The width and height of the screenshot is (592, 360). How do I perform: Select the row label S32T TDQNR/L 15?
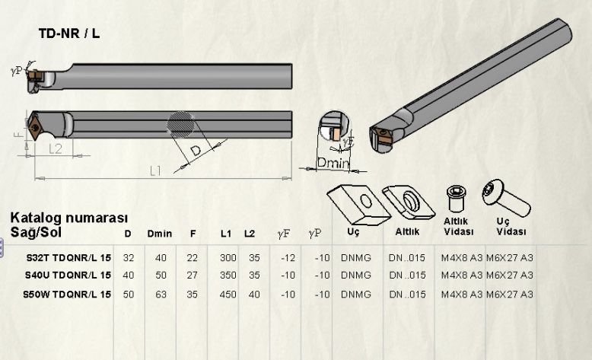pos(68,258)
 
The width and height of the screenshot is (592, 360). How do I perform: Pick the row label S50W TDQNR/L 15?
pos(68,294)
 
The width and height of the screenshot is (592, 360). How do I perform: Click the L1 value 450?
pos(226,294)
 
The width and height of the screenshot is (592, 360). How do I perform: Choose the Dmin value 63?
pos(161,294)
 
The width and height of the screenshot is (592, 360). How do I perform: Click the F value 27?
pos(193,275)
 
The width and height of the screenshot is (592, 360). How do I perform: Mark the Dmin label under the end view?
pos(333,162)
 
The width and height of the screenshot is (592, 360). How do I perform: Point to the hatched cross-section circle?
pos(182,124)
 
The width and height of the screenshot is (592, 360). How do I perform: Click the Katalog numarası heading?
pos(69,218)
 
